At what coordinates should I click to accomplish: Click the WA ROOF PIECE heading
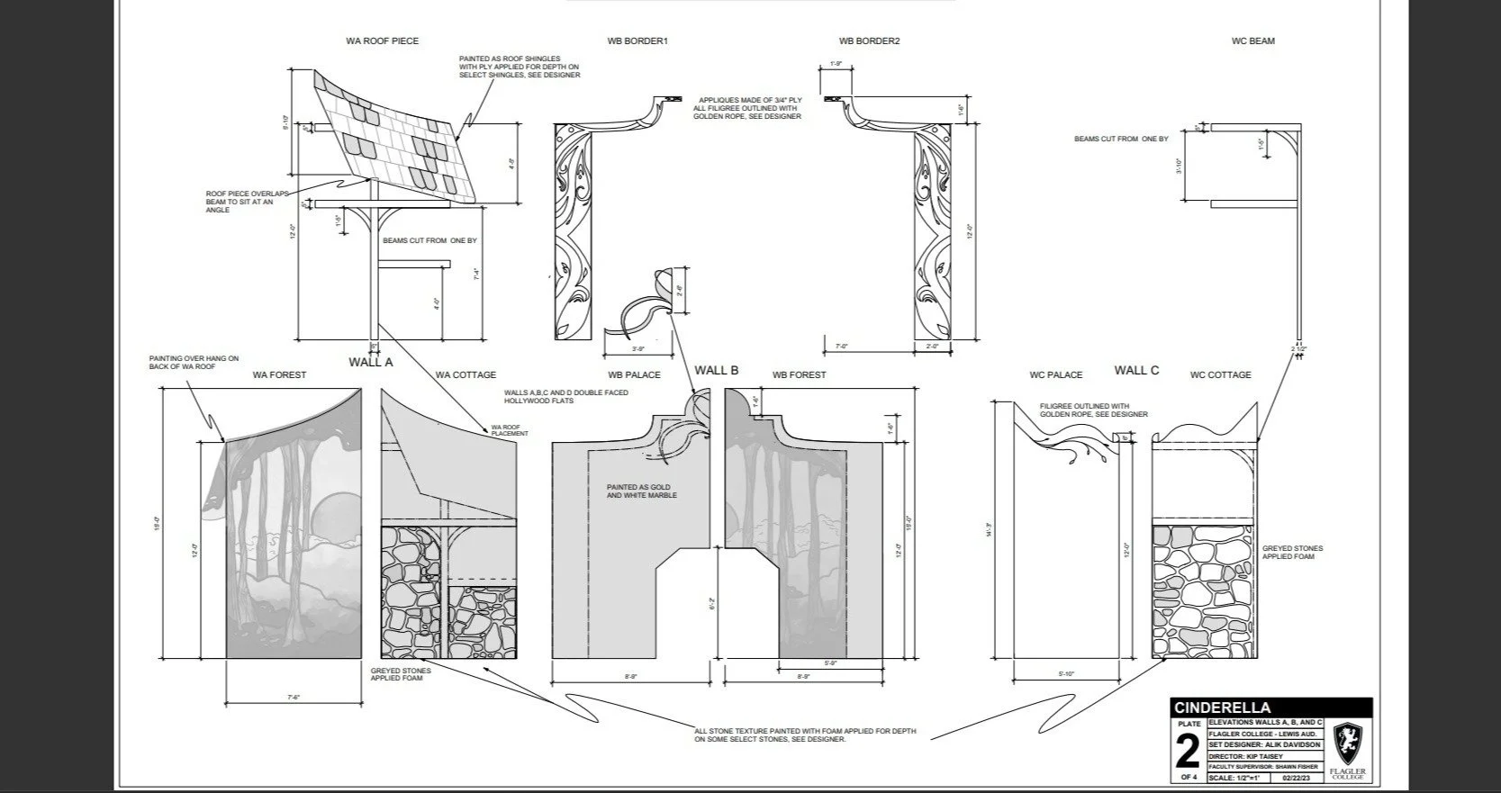tap(382, 41)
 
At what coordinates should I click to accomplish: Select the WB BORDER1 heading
tap(637, 41)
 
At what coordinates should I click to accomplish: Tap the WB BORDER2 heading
tap(869, 41)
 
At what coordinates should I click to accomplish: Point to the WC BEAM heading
tap(1252, 41)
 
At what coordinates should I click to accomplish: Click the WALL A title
tap(371, 363)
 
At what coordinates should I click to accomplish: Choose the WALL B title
tap(716, 370)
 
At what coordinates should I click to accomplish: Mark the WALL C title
tap(1136, 370)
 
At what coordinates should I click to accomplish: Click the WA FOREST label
tap(279, 375)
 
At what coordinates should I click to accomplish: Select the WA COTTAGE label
tap(466, 375)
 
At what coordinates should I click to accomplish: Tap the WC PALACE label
tap(1055, 375)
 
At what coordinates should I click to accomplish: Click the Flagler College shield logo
tap(1348, 743)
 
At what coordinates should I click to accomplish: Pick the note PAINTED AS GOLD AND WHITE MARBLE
tap(641, 491)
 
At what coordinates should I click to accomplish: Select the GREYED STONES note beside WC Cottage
tap(1292, 552)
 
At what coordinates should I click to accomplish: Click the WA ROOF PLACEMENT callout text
tap(509, 430)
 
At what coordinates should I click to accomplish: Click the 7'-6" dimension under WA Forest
tap(293, 697)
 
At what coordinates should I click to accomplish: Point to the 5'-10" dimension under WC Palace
tap(1067, 674)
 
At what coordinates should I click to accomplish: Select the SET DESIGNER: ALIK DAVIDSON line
tap(1265, 745)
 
